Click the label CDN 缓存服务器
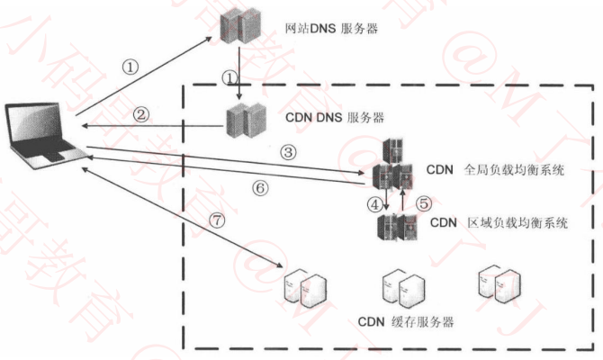[404, 321]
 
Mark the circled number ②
[140, 114]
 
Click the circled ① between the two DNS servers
[230, 77]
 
